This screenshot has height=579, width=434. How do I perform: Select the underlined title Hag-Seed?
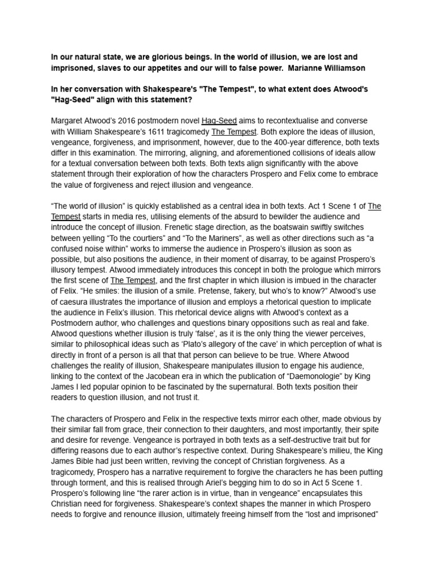(x=219, y=121)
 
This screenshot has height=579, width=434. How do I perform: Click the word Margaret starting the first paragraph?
(x=68, y=121)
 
